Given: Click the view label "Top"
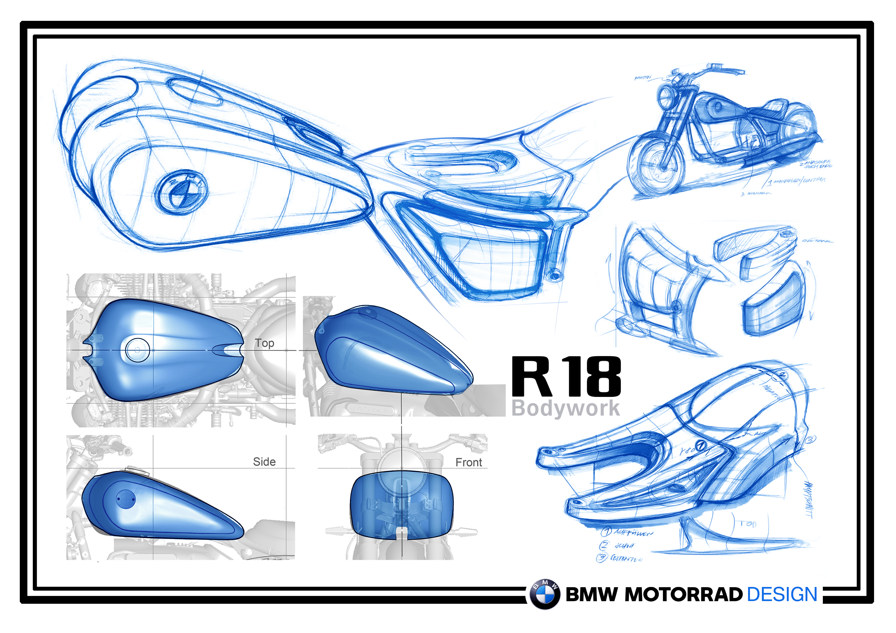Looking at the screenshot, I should pos(264,343).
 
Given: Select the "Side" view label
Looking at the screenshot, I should pos(264,462).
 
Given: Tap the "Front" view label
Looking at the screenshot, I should pos(469,463).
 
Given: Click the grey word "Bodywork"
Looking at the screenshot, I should pos(565,408).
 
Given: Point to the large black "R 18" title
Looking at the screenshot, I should pos(566,377).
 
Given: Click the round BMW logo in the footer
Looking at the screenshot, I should pos(545,594).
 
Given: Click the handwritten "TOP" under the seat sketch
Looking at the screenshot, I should pos(748,524).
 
